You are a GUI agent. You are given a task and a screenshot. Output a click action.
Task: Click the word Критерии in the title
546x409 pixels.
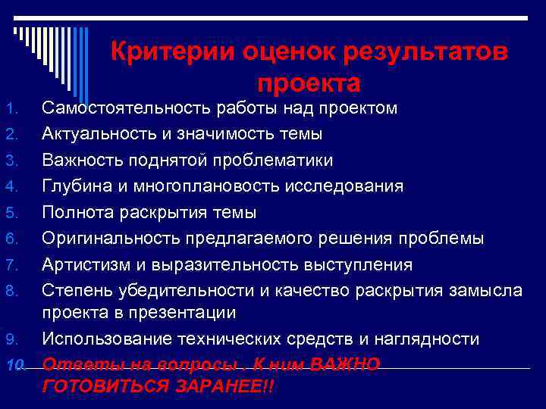(x=172, y=53)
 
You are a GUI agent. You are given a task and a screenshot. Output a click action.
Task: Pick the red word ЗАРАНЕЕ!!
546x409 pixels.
(x=226, y=386)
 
